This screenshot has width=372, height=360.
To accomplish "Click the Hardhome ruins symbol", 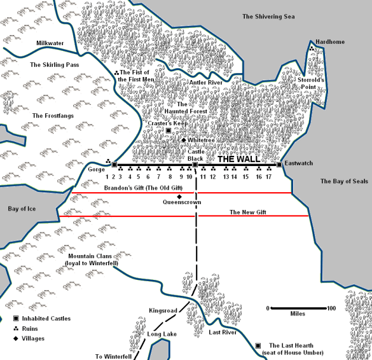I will click(x=312, y=48).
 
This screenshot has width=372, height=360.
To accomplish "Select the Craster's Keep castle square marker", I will click(x=168, y=131).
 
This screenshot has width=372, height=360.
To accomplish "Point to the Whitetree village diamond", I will click(x=184, y=140).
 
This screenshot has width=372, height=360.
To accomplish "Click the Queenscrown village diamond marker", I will click(x=180, y=197).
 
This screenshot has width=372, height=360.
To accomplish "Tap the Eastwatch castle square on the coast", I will click(x=279, y=165).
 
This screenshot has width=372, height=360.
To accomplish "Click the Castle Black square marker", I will click(x=195, y=165).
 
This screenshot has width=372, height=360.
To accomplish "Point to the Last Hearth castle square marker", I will click(x=258, y=345).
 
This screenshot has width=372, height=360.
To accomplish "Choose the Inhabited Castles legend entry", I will click(x=42, y=319).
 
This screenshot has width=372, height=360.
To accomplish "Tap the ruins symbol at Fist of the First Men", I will click(x=116, y=73).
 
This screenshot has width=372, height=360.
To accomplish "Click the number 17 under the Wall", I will click(x=269, y=177).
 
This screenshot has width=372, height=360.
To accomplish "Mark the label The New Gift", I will click(x=248, y=212).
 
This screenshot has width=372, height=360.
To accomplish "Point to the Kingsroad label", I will click(x=163, y=310).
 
